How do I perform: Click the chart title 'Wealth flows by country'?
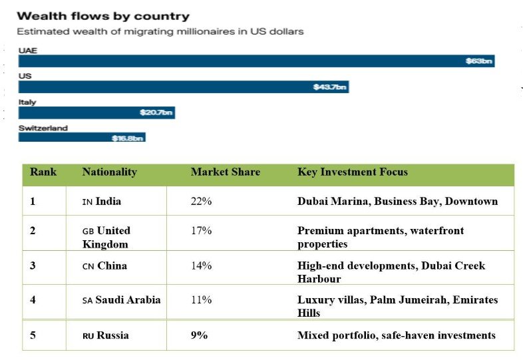tap(103, 16)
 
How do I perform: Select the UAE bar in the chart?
tap(256, 61)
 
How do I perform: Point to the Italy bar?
tap(96, 112)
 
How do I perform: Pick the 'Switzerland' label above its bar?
tap(43, 128)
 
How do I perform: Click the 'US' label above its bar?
tap(25, 76)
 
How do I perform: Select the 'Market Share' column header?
tap(225, 172)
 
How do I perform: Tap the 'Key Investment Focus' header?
tap(352, 172)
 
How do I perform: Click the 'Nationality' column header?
tap(109, 172)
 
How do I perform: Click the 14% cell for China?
tap(201, 266)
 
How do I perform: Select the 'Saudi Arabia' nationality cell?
tap(121, 300)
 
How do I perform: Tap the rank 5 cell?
tap(33, 335)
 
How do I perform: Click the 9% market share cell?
tap(199, 335)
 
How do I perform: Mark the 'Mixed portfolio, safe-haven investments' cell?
tap(396, 335)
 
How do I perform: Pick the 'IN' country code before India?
tap(87, 202)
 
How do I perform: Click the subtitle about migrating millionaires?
tap(160, 31)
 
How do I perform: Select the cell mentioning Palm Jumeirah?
tap(397, 306)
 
